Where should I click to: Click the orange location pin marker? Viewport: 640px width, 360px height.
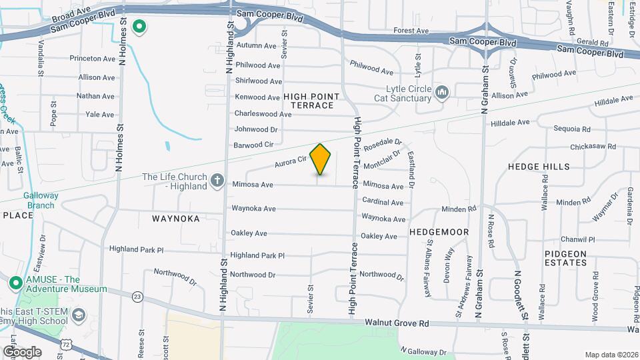coord(321,159)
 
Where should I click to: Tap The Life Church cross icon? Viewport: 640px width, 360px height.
coord(217,180)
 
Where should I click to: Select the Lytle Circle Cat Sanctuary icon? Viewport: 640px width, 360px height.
coord(441,93)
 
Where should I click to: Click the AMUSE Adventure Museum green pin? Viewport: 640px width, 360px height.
coord(15,283)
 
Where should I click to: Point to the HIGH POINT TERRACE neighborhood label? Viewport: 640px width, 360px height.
coord(308,101)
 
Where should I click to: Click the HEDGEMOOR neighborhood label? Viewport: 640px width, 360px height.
coord(439,232)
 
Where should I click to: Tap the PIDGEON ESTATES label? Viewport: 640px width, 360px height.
coord(565,258)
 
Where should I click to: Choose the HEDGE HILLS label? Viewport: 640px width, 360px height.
coord(539,167)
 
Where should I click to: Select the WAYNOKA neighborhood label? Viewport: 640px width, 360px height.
coord(176,218)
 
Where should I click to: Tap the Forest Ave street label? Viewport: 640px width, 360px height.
coord(411,31)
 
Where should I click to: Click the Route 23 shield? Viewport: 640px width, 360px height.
coord(137,296)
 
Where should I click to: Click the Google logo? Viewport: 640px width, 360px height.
coord(22,351)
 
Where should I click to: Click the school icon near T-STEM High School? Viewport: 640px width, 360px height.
coord(78,315)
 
